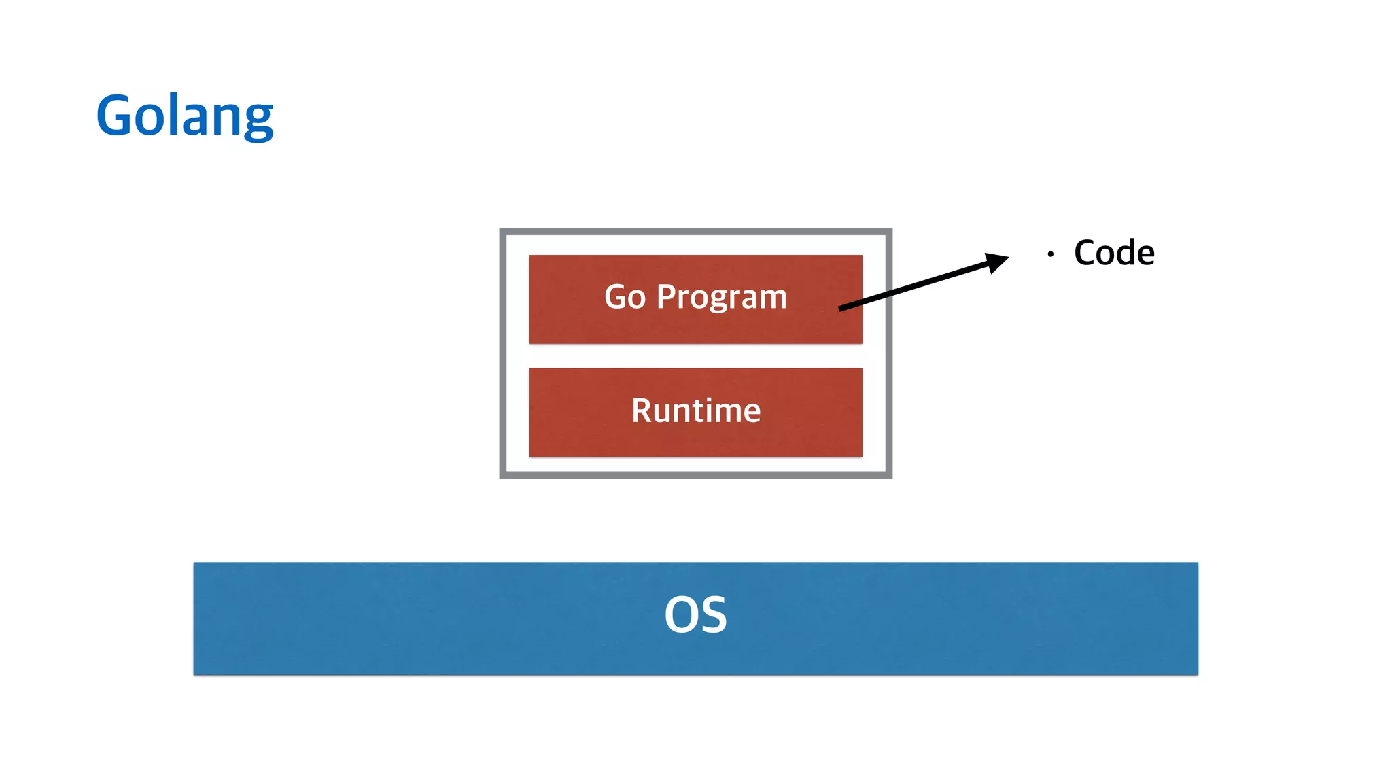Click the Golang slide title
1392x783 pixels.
coord(185,116)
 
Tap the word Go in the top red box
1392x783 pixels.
coord(625,298)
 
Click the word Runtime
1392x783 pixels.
coord(696,411)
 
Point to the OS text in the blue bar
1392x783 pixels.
coord(696,615)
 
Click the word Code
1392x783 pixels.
coord(1114,253)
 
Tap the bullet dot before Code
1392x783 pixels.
coord(1051,254)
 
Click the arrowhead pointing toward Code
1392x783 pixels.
coord(997,261)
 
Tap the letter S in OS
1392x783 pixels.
coord(712,615)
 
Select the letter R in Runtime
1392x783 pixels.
coord(642,411)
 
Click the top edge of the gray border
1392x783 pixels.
coord(696,232)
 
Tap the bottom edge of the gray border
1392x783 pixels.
coord(696,474)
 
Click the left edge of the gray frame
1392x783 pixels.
coord(503,353)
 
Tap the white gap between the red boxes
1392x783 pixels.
coord(696,356)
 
